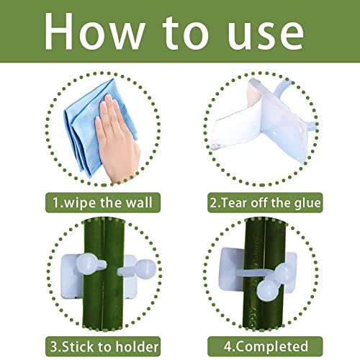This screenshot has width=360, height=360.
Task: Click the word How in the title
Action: click(94, 32)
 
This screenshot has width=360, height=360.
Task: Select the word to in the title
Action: click(185, 34)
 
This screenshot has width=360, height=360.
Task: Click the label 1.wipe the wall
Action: click(103, 202)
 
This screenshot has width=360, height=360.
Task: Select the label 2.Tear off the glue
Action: click(265, 203)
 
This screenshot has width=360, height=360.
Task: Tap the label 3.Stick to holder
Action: click(103, 346)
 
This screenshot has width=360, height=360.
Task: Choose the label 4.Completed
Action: click(265, 346)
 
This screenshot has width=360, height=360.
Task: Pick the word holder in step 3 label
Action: click(137, 346)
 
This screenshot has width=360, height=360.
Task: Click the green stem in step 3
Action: click(103, 276)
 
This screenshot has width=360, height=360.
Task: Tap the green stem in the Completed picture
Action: click(264, 276)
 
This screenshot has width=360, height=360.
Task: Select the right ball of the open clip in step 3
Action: click(145, 269)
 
